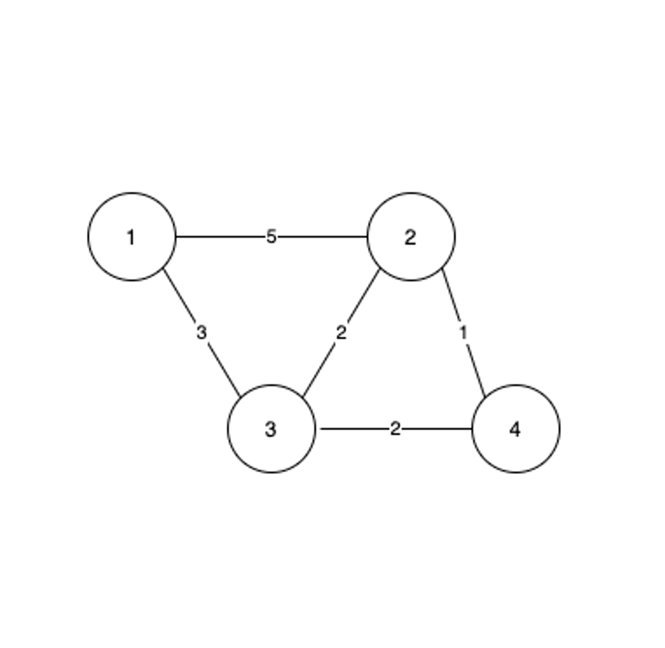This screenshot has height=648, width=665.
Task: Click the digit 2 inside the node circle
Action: pos(410,237)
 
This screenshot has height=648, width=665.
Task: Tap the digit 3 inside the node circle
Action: pos(271,429)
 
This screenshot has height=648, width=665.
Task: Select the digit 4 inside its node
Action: pos(515,429)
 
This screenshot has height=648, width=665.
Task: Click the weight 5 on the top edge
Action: pos(271,236)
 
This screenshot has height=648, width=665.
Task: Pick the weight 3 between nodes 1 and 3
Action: pos(202,333)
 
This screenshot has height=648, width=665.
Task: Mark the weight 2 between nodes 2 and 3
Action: pos(341,333)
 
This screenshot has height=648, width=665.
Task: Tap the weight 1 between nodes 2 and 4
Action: pos(463,333)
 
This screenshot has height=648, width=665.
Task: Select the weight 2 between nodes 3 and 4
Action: pos(395,429)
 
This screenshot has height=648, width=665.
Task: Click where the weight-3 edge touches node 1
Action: pos(164,269)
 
